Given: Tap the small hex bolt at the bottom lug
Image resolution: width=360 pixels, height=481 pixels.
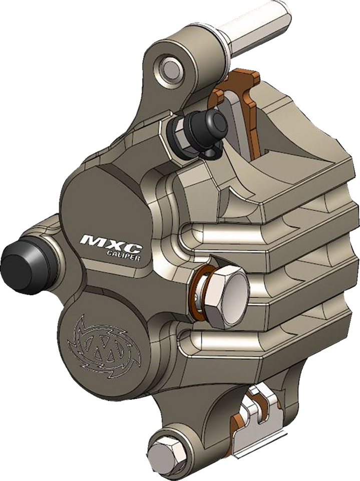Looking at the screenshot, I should pos(165,449).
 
